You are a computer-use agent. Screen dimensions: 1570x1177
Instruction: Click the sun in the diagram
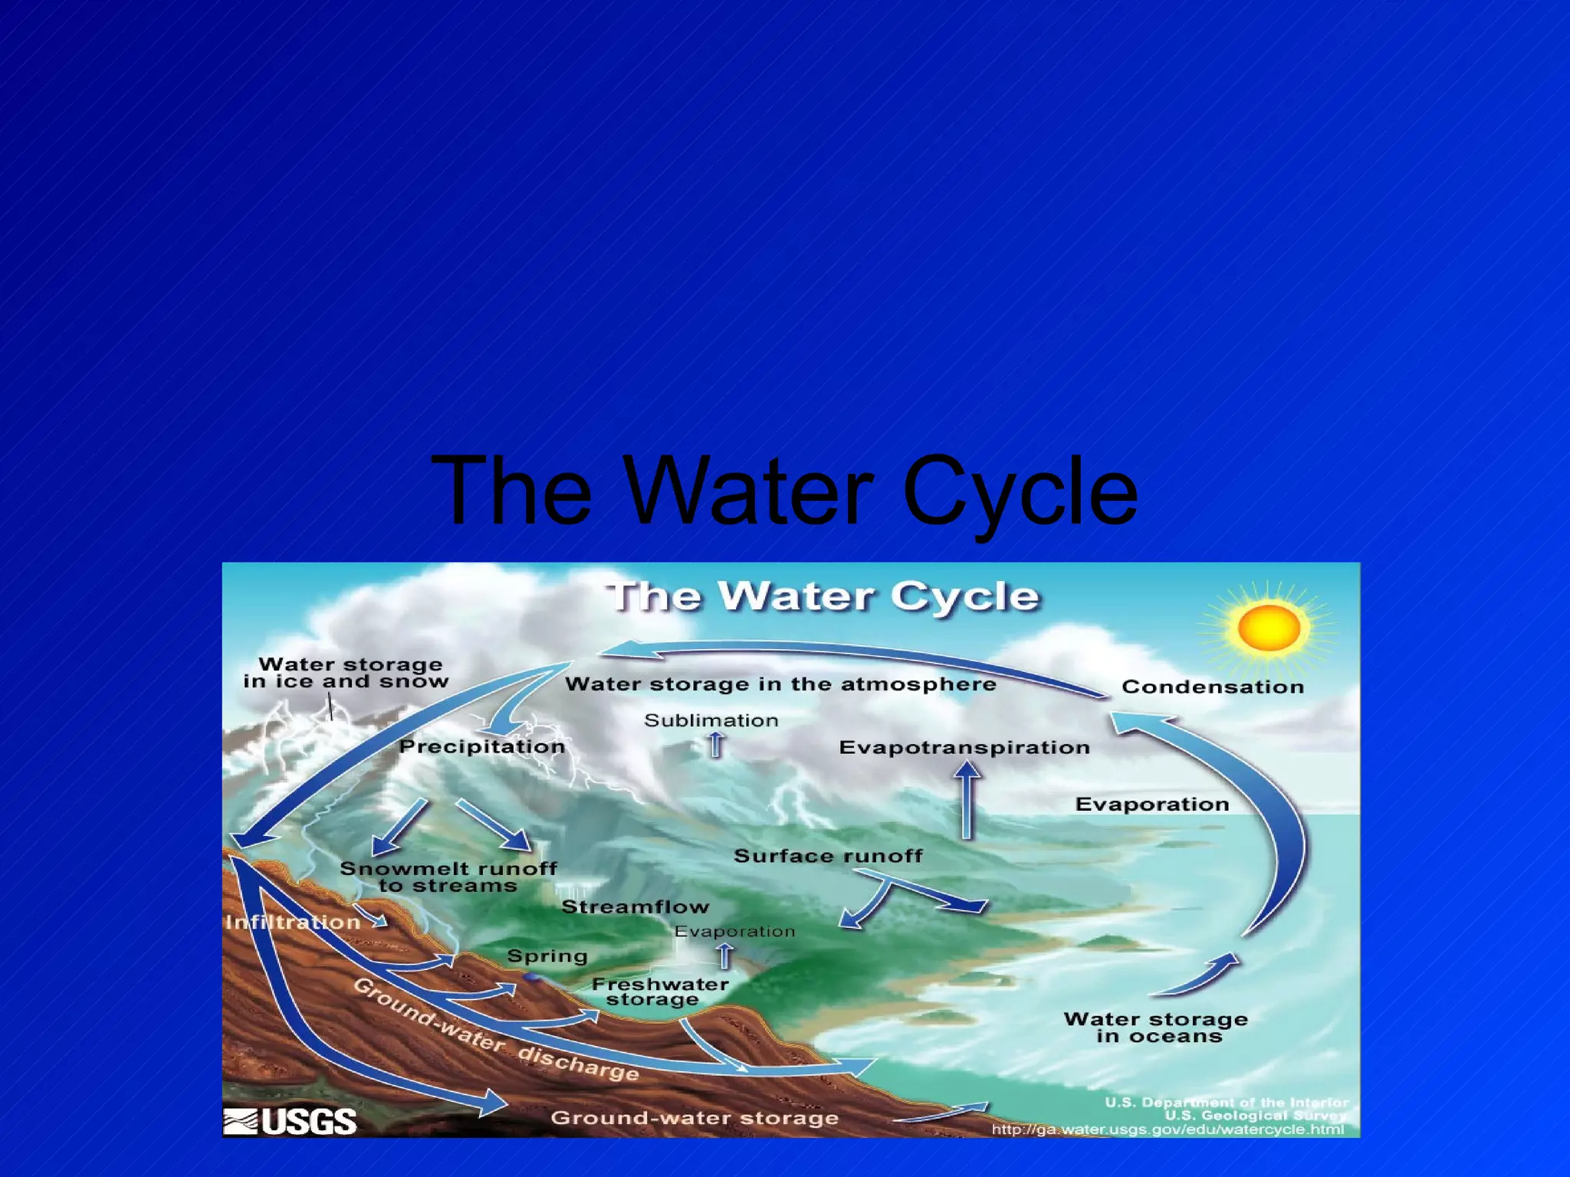click(x=1269, y=628)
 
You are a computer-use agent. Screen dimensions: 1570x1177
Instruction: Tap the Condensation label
click(x=1213, y=687)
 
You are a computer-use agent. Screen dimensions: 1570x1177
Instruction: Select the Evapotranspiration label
click(x=964, y=747)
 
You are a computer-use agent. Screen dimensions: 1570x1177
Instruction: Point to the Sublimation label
click(x=711, y=720)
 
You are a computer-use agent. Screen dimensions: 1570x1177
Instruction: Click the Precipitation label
click(x=482, y=746)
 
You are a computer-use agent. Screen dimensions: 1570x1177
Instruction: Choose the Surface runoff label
click(x=828, y=856)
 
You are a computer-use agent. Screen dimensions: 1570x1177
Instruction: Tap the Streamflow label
click(x=636, y=907)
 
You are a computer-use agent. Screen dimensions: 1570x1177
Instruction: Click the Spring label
click(x=547, y=956)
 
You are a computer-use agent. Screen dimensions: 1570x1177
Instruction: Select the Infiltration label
click(x=293, y=922)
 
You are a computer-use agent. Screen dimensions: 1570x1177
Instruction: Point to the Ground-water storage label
click(x=695, y=1118)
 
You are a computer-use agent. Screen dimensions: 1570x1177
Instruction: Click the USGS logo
click(x=291, y=1121)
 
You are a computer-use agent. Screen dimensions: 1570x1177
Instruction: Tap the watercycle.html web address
click(x=1167, y=1129)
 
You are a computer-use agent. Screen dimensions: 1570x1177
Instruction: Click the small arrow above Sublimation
click(x=715, y=744)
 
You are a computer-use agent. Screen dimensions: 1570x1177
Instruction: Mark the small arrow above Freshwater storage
click(x=724, y=956)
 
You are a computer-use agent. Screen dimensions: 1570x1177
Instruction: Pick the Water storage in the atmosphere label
click(x=780, y=684)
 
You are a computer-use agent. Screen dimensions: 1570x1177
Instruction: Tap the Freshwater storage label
click(x=659, y=992)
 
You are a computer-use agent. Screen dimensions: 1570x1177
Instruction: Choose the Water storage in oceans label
click(x=1156, y=1028)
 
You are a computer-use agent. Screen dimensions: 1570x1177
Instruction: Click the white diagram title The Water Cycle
click(x=823, y=596)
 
